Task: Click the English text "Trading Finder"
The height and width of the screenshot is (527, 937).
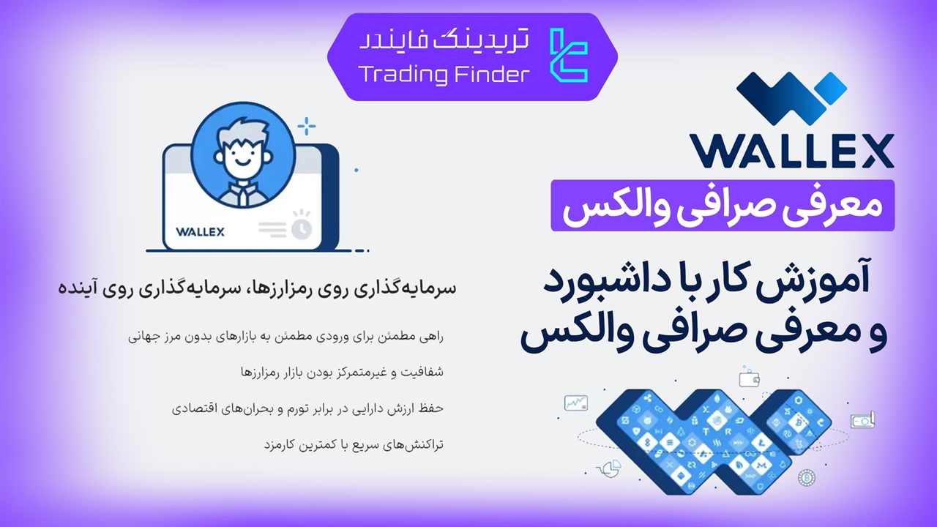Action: coord(444,75)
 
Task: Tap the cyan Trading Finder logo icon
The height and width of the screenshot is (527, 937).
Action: coord(569,56)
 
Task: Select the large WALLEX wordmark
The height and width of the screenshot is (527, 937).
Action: coord(792,151)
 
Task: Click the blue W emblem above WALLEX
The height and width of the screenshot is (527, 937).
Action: coord(791,98)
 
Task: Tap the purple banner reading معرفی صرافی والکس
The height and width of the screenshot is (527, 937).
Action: coord(723,206)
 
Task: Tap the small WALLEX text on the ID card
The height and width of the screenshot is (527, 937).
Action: coord(200,232)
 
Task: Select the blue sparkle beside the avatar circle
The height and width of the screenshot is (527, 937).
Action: coord(307,126)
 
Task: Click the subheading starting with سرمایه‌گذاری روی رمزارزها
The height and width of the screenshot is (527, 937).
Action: coord(257,288)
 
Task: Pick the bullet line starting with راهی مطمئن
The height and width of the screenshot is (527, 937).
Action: coord(285,337)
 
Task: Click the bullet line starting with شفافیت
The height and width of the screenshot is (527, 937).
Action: coord(342,372)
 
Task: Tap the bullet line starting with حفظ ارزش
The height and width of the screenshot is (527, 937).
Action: coord(307,408)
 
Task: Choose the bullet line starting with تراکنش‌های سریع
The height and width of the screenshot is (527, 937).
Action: coord(354,444)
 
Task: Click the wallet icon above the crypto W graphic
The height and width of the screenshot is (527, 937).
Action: coord(749,378)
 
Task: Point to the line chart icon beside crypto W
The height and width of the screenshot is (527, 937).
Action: coord(576,403)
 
